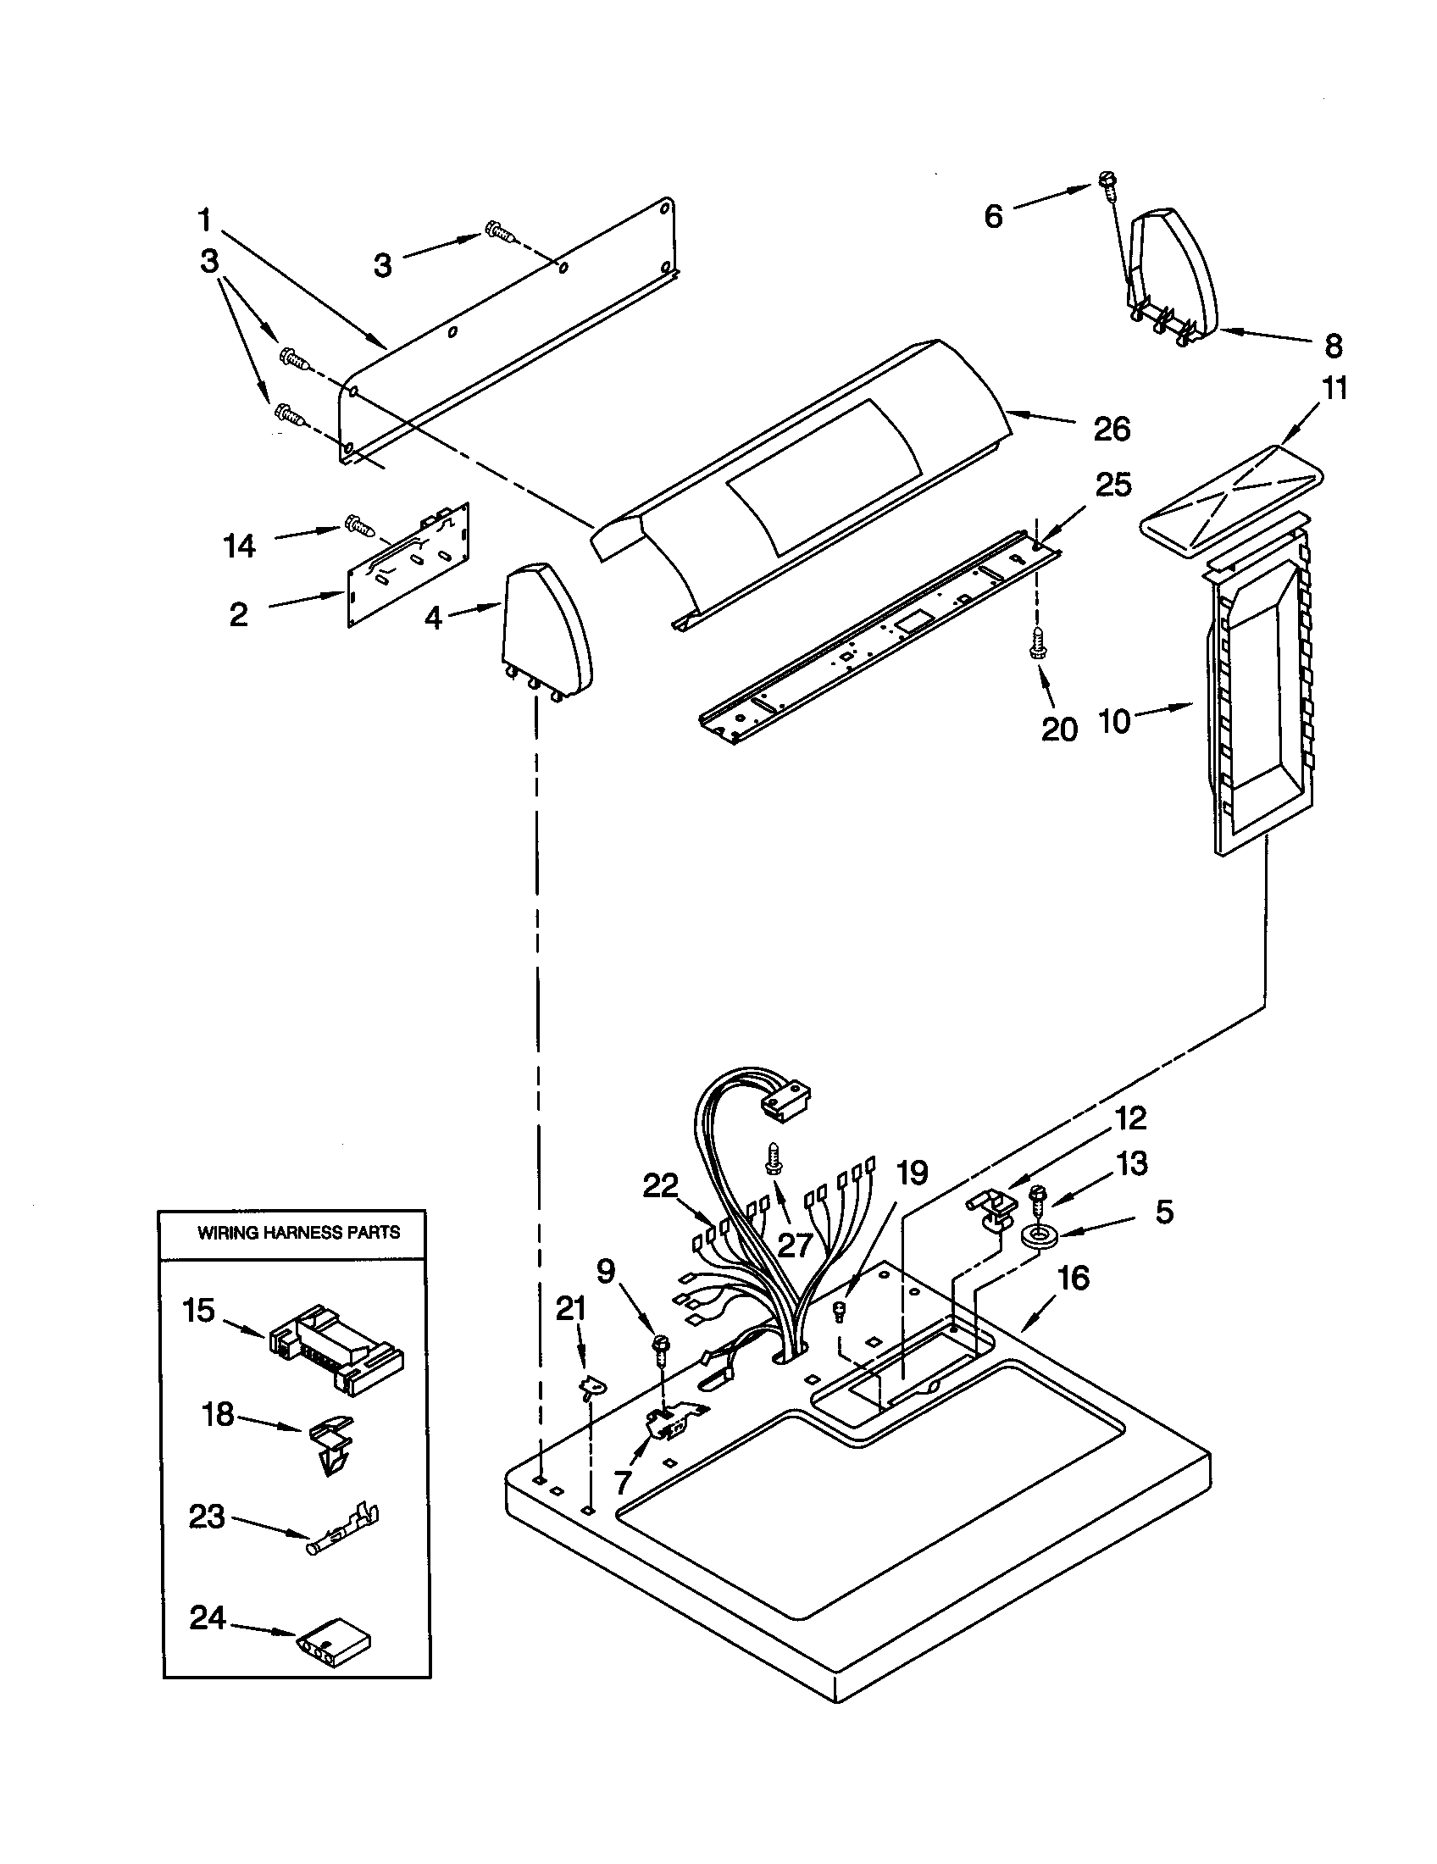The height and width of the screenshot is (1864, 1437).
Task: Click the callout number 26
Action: click(1111, 430)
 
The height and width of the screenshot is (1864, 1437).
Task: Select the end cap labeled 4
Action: click(544, 631)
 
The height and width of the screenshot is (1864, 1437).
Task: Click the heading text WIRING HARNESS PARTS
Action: click(297, 1233)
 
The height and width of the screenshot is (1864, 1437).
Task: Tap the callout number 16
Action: click(1074, 1279)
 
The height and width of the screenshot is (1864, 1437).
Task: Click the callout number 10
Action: click(1113, 721)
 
